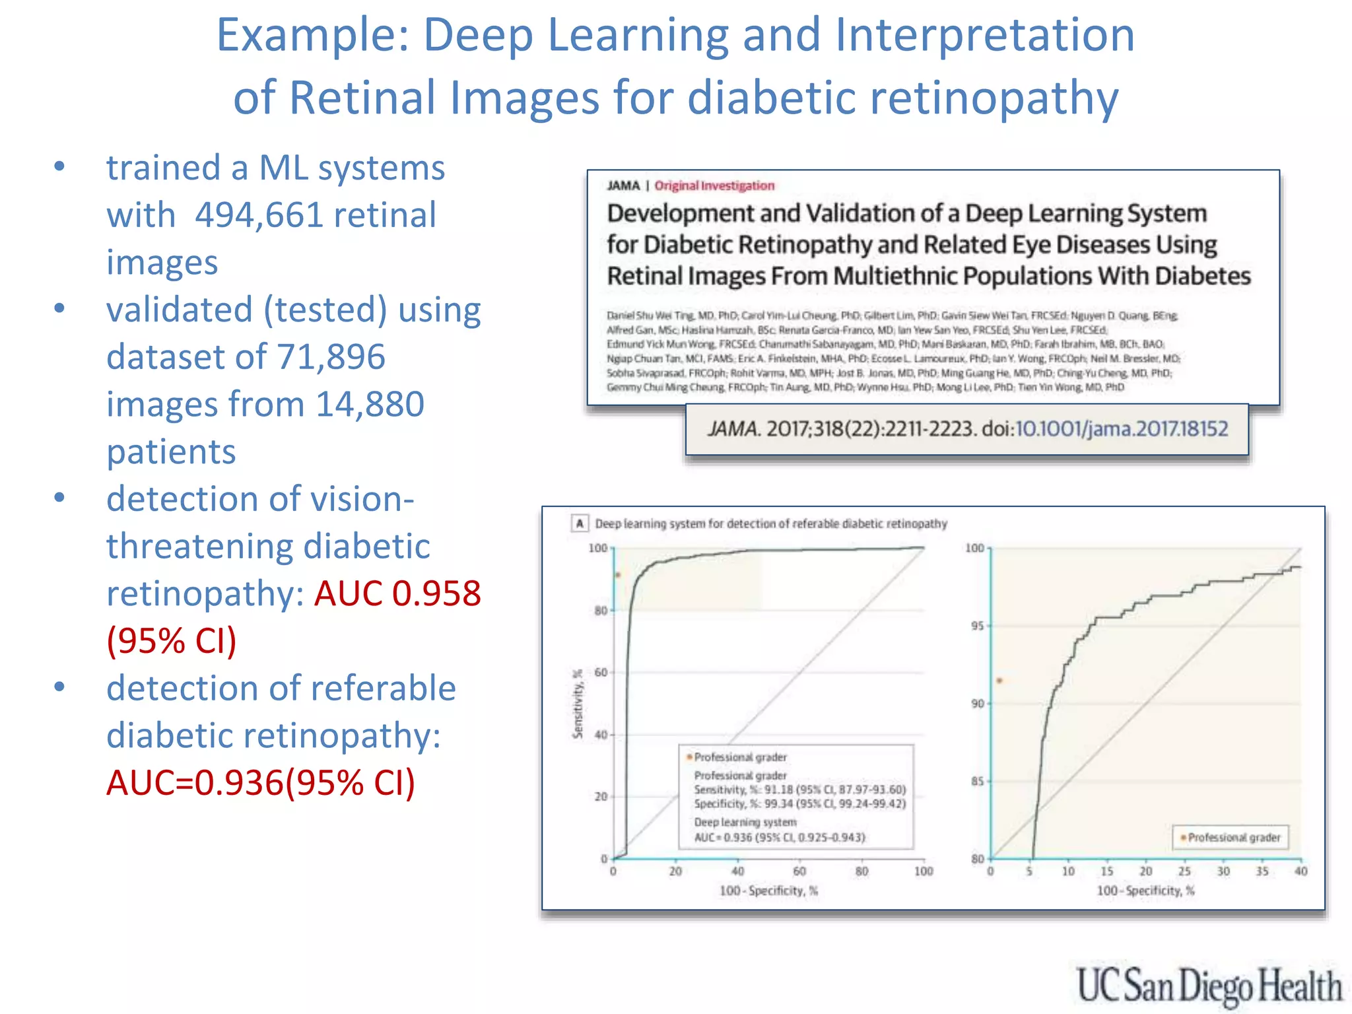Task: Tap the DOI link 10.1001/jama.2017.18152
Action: tap(1121, 429)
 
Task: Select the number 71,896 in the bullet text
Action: tap(331, 357)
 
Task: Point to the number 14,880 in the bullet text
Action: tap(370, 405)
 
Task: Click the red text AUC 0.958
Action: tap(397, 593)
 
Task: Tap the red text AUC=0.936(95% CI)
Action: tap(261, 783)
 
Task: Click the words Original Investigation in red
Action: tap(714, 186)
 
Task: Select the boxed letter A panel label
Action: tap(580, 524)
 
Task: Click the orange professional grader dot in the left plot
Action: tap(618, 575)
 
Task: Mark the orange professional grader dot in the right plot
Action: tap(999, 681)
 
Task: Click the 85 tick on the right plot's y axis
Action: tap(977, 782)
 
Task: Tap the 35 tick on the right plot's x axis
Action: tap(1262, 871)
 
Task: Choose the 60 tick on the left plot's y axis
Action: tap(601, 673)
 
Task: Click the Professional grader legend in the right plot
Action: tap(1231, 838)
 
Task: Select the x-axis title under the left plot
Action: tap(768, 891)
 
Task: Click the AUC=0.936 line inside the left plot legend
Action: tap(779, 838)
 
